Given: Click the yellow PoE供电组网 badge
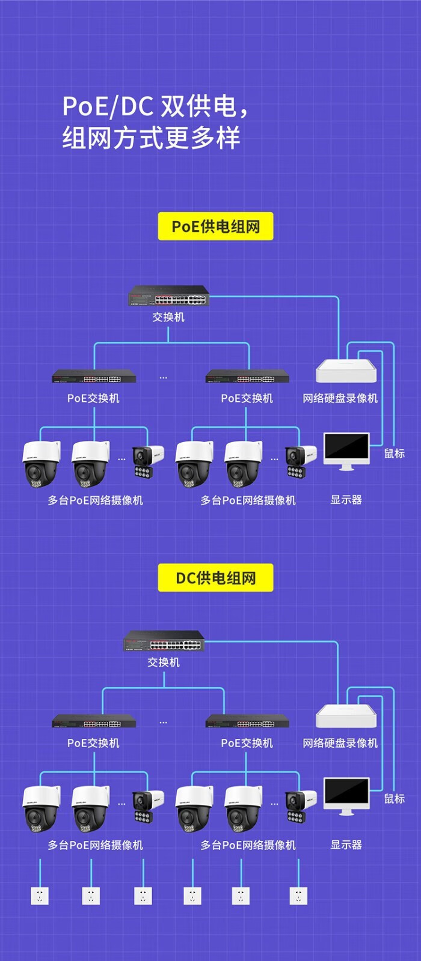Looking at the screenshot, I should click(x=215, y=226).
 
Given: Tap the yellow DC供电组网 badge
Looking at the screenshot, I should click(x=215, y=578).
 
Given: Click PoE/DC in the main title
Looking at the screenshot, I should click(x=108, y=106).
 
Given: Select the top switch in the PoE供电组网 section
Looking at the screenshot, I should click(x=168, y=296).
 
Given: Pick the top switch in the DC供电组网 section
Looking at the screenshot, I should click(x=164, y=641).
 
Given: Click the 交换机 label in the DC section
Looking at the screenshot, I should click(x=164, y=662).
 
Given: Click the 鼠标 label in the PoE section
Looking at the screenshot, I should click(x=395, y=454).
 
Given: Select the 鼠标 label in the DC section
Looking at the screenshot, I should click(x=395, y=799).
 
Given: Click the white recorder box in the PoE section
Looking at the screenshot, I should click(x=346, y=371).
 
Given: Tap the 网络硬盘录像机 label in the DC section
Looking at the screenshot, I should click(x=340, y=743).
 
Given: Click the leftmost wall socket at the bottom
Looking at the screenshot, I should click(x=40, y=896).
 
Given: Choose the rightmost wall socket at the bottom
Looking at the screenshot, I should click(x=298, y=896).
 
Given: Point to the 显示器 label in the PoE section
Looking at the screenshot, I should click(x=346, y=500).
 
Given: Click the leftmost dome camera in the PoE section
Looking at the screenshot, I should click(x=41, y=463).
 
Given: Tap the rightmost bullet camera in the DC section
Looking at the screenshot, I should click(x=300, y=806).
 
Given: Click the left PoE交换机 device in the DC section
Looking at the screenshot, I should click(x=94, y=721).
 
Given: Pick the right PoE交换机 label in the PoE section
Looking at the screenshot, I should click(x=247, y=398).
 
